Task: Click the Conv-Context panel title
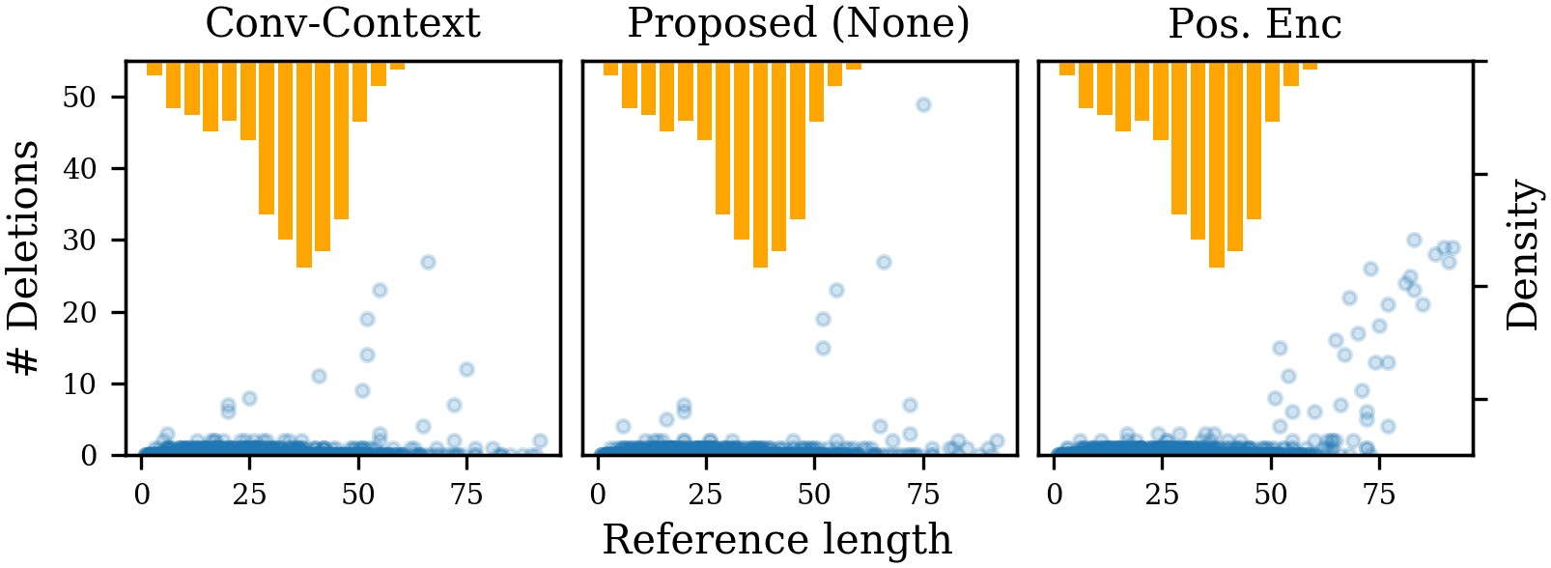343,24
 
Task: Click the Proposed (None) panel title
799,24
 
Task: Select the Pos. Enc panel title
1255,24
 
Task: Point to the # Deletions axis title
24,258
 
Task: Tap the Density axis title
1523,256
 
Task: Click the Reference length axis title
776,540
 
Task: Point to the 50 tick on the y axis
80,98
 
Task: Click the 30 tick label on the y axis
80,241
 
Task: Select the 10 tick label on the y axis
80,383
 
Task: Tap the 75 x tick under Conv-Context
466,495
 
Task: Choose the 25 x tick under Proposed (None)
706,495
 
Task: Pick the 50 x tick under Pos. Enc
1271,495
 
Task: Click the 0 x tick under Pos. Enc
1054,495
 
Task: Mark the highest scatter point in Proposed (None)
923,104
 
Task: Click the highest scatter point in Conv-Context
428,262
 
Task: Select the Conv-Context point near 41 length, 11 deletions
319,376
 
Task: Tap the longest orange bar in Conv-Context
304,164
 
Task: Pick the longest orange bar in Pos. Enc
1217,164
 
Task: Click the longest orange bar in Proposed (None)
760,164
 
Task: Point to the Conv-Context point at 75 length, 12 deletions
466,369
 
